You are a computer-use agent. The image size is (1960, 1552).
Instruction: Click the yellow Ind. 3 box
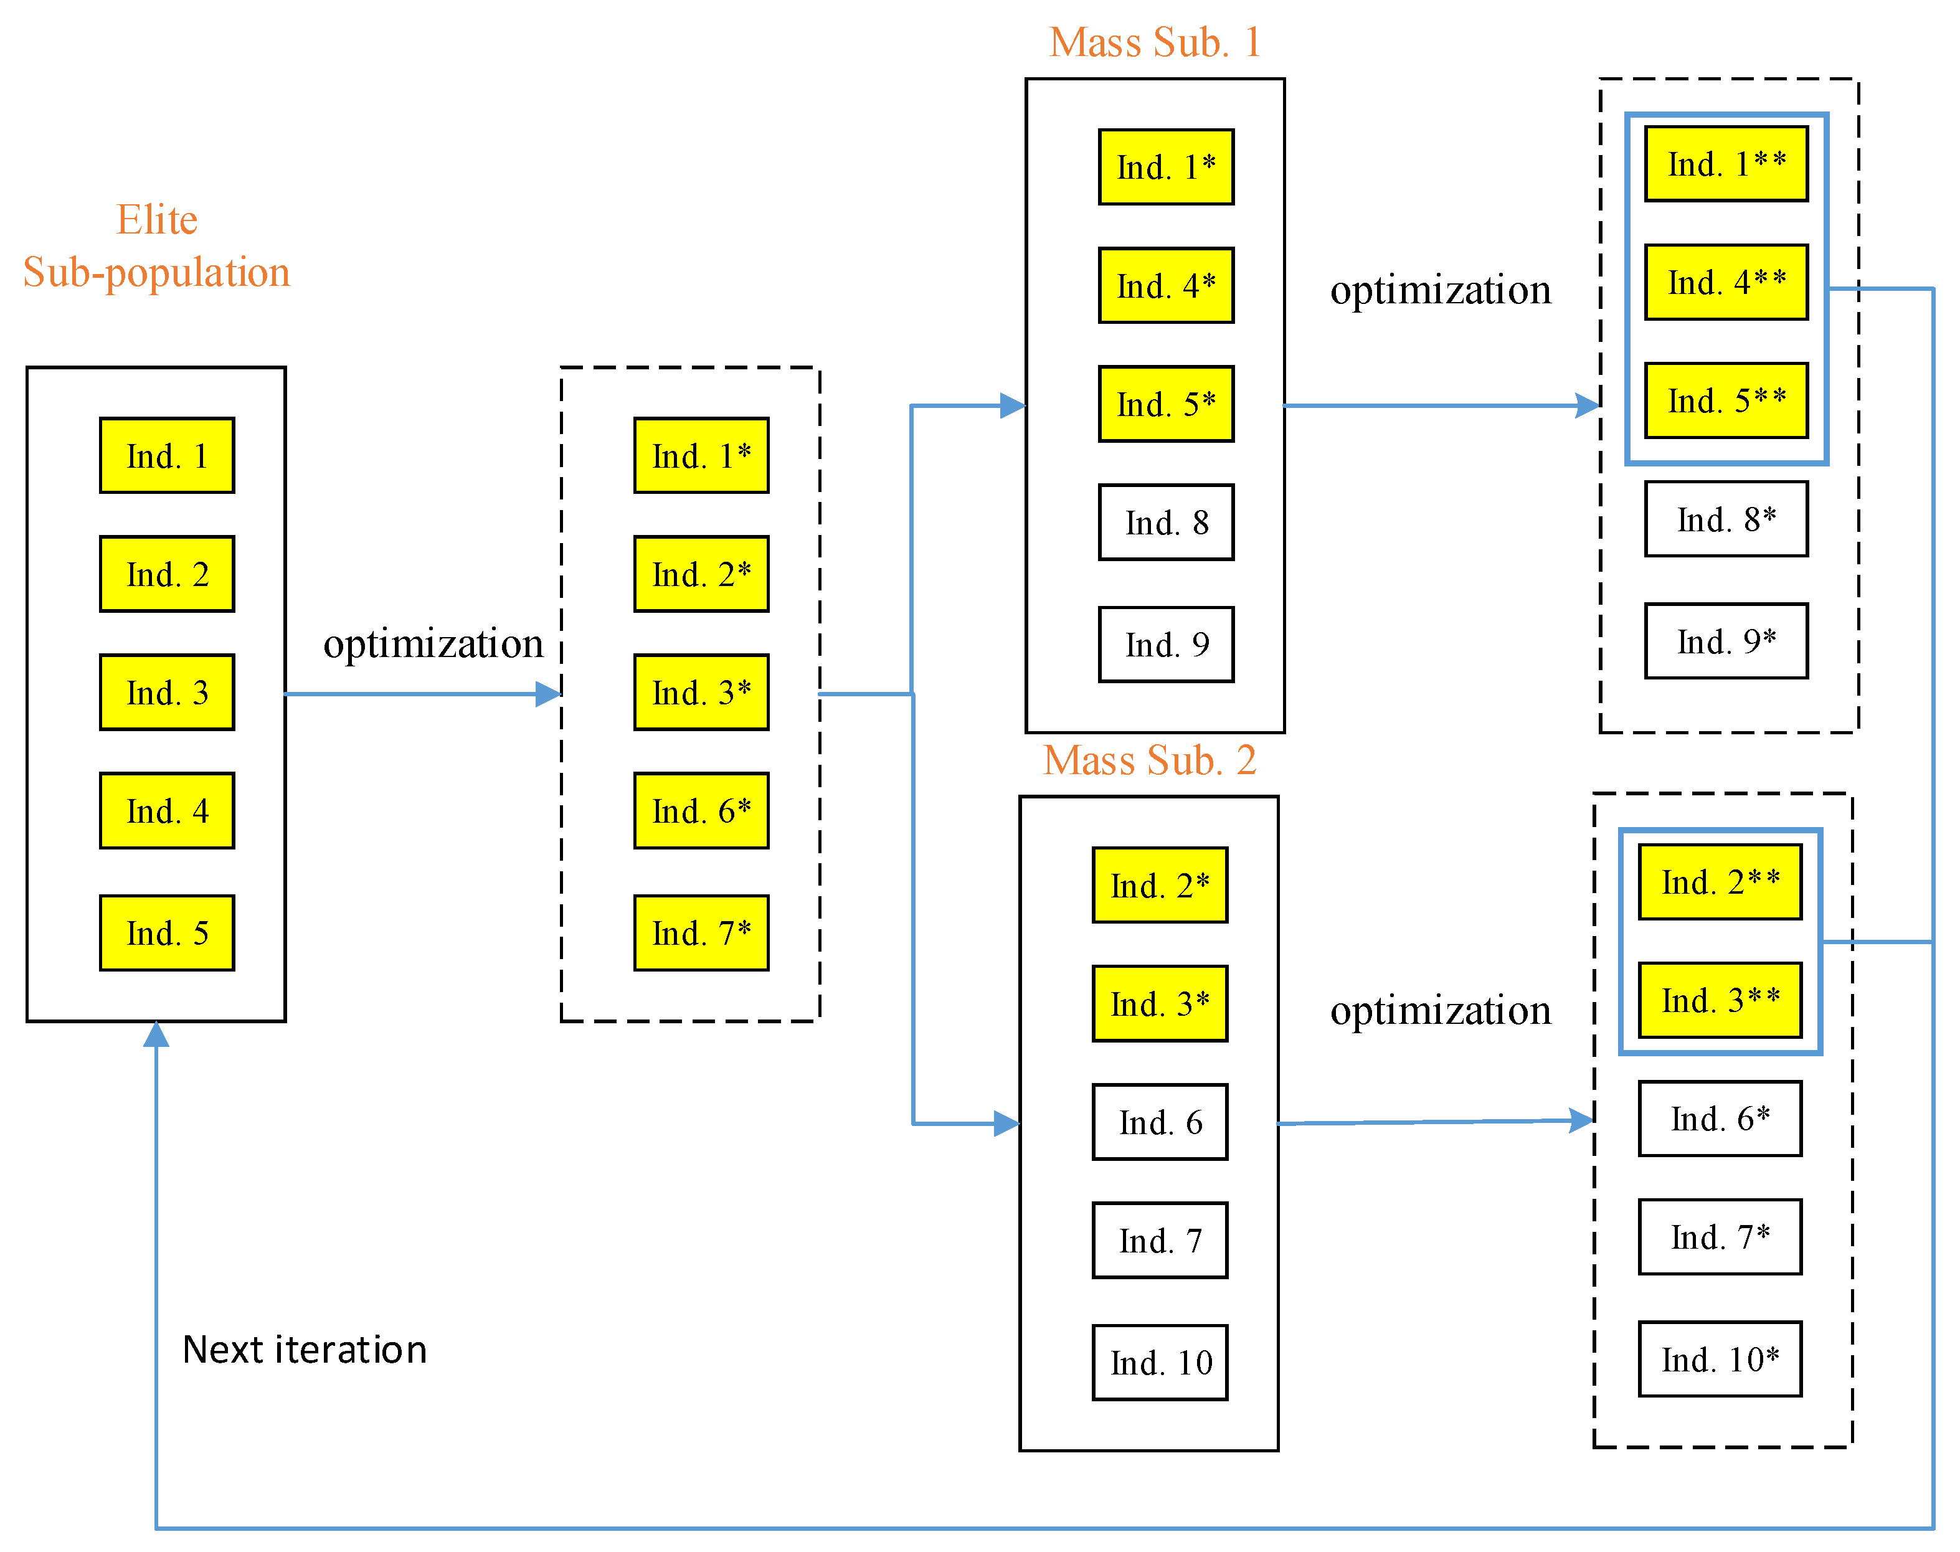(x=166, y=693)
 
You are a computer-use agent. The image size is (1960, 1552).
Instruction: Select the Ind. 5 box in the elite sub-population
(x=166, y=933)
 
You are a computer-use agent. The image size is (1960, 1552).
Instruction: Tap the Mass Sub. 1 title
(x=1154, y=43)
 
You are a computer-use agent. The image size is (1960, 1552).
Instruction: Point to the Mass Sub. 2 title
(x=1150, y=760)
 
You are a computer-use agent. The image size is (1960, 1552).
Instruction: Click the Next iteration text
(x=305, y=1350)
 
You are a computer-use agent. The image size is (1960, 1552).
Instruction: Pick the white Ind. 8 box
(x=1166, y=523)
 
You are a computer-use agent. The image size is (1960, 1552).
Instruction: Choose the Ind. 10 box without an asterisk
(x=1160, y=1362)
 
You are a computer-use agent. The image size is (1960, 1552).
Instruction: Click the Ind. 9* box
(x=1726, y=641)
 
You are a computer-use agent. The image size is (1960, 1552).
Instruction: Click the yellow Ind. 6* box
(x=701, y=810)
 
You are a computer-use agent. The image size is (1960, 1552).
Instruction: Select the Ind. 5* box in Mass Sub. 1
(x=1166, y=404)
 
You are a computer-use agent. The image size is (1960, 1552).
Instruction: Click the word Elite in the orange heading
(x=156, y=220)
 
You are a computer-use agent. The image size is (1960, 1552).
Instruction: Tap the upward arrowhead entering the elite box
(x=156, y=1034)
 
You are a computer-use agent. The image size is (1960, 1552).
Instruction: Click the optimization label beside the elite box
(x=433, y=643)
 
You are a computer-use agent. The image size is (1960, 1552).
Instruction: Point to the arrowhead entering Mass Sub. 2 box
(x=1007, y=1124)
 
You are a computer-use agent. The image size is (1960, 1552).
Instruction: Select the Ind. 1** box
(x=1726, y=164)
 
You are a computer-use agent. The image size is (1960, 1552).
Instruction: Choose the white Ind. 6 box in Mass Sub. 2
(x=1160, y=1122)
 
